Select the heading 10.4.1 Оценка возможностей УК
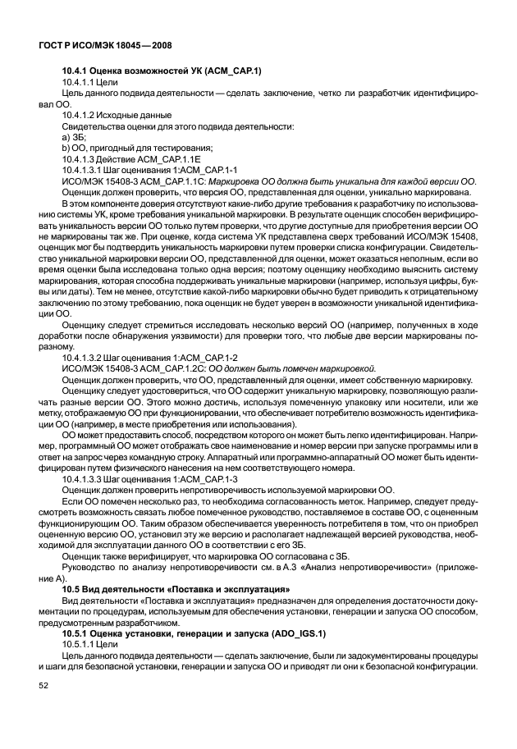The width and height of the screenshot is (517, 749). coord(162,71)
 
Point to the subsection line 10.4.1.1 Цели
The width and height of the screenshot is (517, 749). coord(90,83)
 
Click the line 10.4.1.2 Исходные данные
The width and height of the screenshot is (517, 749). coord(116,116)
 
